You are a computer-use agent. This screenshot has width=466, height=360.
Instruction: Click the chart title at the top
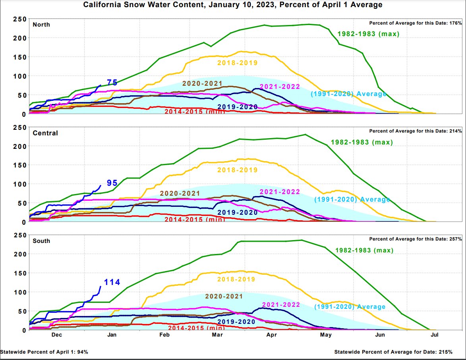[x=233, y=5]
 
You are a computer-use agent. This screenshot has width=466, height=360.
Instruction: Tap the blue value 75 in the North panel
[x=112, y=83]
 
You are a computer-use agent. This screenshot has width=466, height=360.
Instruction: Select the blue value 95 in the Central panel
[x=112, y=183]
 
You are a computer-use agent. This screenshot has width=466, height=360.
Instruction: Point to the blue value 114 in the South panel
[x=112, y=282]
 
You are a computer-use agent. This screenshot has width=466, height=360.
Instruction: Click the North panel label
[x=41, y=25]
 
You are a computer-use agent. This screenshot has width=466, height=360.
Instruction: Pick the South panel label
[x=41, y=241]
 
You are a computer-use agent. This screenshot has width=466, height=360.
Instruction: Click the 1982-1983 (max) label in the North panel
[x=368, y=34]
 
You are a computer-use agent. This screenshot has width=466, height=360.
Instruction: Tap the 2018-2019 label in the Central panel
[x=237, y=170]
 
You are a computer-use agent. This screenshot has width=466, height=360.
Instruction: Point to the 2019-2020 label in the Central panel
[x=238, y=212]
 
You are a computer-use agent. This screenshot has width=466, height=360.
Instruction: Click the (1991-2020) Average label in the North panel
[x=348, y=94]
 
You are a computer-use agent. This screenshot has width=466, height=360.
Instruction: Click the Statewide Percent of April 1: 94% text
[x=44, y=352]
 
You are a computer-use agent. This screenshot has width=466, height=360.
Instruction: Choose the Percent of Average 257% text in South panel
[x=415, y=239]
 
